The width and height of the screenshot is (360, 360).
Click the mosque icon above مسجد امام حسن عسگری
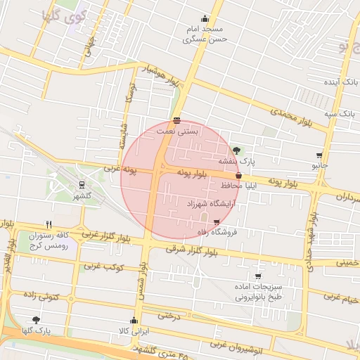205,18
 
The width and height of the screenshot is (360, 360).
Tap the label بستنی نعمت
177,131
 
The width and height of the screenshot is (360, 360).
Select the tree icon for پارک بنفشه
236,150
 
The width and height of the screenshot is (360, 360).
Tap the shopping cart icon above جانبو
320,155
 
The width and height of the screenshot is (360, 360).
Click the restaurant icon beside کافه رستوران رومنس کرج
49,224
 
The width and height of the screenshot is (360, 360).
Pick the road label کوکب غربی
104,267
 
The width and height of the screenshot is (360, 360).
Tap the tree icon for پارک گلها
36,320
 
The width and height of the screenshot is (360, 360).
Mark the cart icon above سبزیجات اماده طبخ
258,276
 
